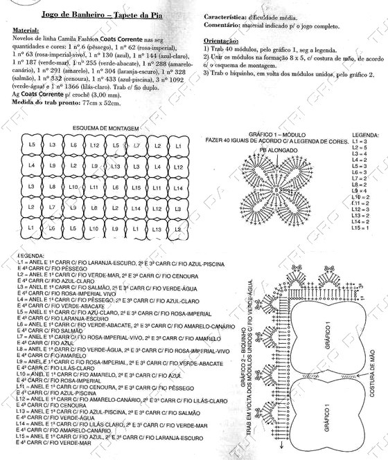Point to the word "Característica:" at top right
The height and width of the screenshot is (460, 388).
[x=228, y=17]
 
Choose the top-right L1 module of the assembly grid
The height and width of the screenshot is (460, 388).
[x=178, y=146]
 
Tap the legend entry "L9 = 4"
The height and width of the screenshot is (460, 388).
[x=359, y=191]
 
